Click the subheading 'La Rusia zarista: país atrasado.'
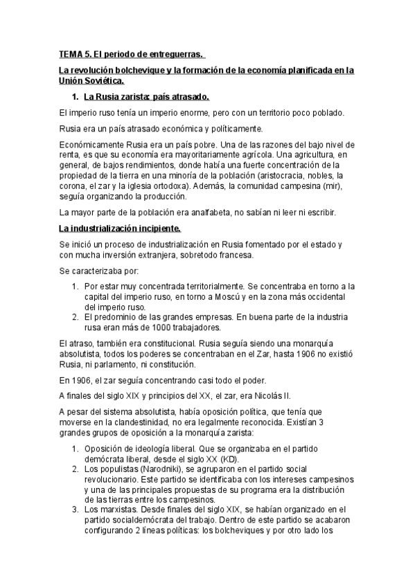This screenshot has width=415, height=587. click(x=145, y=96)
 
